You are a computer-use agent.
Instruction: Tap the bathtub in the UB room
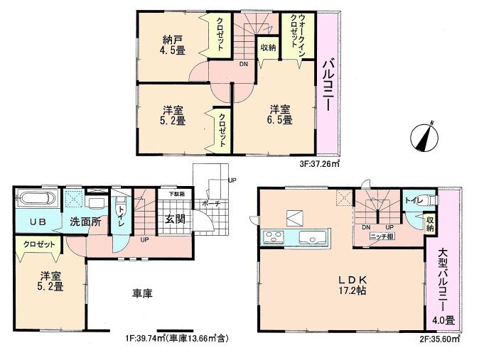37,200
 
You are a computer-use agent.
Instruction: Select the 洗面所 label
85,222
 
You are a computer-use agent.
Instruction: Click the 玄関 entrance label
176,219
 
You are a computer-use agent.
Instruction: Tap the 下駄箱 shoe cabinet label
176,194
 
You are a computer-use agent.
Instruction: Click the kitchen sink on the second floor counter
310,236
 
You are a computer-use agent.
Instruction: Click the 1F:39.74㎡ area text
176,339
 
